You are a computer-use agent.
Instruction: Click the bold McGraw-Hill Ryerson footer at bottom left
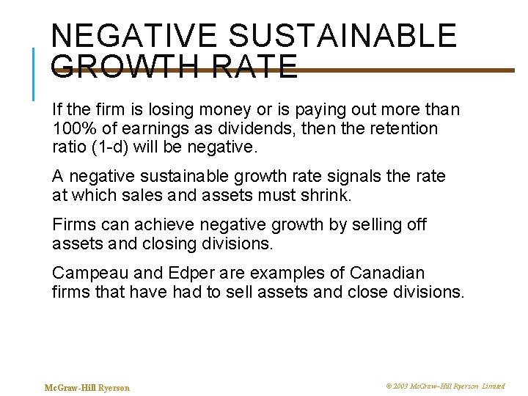(87, 387)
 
